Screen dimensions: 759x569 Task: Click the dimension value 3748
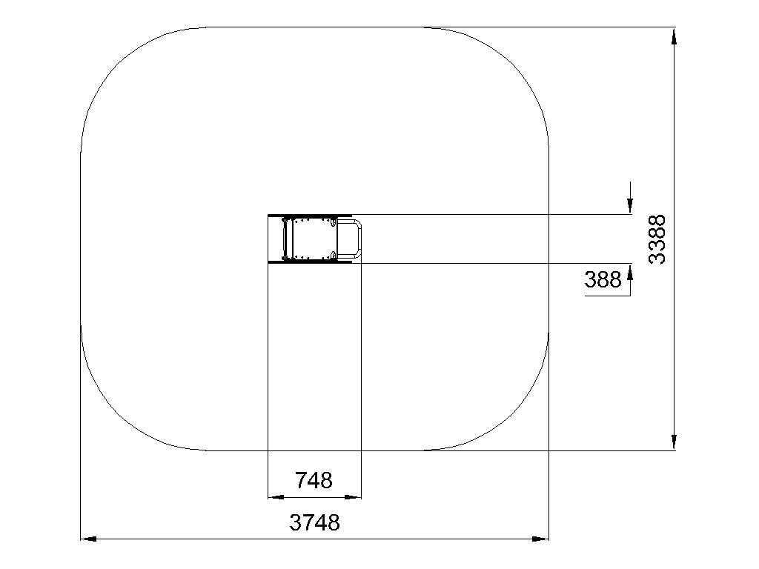coord(314,522)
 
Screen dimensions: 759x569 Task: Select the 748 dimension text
coord(314,480)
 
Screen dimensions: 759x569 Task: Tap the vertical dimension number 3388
coord(657,239)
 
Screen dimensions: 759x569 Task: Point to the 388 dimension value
coord(603,279)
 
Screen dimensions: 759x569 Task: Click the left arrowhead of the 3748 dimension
coord(88,539)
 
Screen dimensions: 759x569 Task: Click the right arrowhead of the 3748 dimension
coord(540,539)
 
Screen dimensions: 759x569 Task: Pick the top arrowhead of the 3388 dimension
coord(674,36)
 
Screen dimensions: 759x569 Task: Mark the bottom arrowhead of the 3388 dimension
coord(674,442)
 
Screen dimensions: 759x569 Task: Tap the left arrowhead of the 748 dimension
coord(276,497)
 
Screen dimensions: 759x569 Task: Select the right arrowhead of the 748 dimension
coord(353,497)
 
